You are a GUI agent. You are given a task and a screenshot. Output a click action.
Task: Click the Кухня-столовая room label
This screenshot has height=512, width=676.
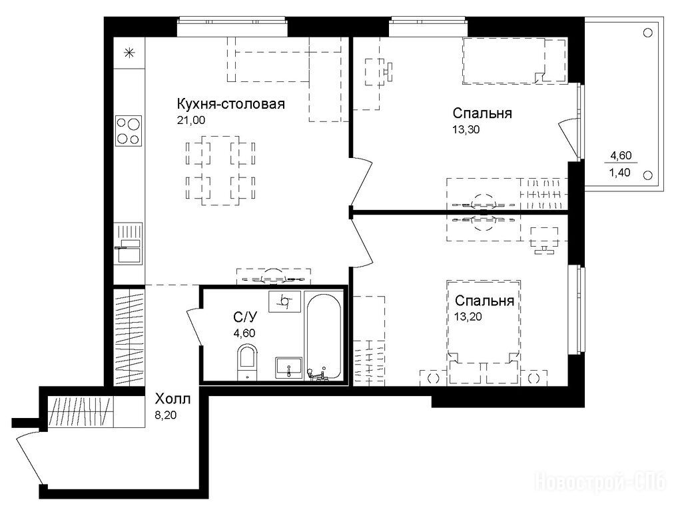pyautogui.click(x=230, y=104)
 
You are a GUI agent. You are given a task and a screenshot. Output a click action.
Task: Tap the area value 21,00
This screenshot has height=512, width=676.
pyautogui.click(x=191, y=121)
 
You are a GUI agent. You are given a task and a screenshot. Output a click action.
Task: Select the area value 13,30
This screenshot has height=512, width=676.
pyautogui.click(x=466, y=129)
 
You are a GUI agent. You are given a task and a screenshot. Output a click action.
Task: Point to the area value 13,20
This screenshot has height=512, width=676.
pyautogui.click(x=468, y=317)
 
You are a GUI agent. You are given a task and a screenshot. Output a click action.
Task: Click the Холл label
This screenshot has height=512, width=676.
pyautogui.click(x=172, y=399)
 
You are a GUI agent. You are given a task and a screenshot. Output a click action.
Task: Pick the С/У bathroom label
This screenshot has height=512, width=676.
pyautogui.click(x=245, y=317)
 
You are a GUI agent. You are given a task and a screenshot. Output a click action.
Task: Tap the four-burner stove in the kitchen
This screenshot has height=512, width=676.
pyautogui.click(x=129, y=131)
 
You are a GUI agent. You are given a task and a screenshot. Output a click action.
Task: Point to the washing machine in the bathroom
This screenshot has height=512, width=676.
pyautogui.click(x=284, y=301)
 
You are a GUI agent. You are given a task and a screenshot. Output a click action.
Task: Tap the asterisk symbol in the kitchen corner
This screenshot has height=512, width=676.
pyautogui.click(x=129, y=53)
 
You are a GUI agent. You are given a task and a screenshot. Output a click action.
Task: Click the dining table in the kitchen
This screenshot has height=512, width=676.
pyautogui.click(x=220, y=170)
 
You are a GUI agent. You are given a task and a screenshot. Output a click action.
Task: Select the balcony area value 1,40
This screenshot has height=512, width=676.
pyautogui.click(x=619, y=173)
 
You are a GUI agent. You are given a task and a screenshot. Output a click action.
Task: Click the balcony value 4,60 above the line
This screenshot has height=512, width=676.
pyautogui.click(x=621, y=155)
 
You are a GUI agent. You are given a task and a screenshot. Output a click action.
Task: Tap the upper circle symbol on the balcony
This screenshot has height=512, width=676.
pyautogui.click(x=647, y=33)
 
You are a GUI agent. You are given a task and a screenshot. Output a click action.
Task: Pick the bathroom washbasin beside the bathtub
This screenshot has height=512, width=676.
pyautogui.click(x=289, y=368)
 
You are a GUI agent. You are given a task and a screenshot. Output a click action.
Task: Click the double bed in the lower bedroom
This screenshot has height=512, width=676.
pyautogui.click(x=483, y=333)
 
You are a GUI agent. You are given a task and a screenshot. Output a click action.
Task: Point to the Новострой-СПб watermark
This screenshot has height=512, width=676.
pyautogui.click(x=600, y=481)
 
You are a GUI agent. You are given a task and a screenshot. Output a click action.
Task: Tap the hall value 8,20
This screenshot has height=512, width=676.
pyautogui.click(x=166, y=416)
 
